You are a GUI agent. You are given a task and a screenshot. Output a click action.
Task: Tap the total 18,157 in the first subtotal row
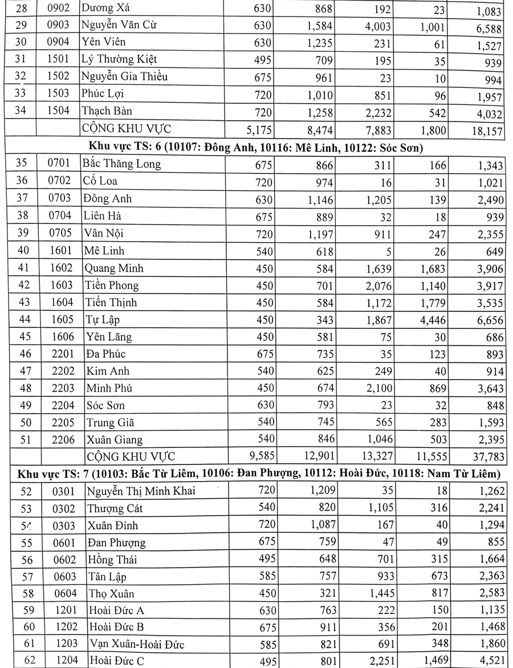486,132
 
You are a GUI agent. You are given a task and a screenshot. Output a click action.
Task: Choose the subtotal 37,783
486,458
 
